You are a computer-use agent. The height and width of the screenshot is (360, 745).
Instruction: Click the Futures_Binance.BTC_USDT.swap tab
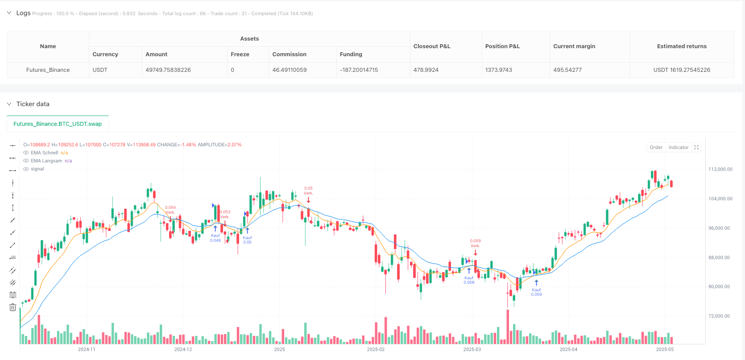pos(58,124)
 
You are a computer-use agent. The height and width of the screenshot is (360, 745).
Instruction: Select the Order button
pos(656,147)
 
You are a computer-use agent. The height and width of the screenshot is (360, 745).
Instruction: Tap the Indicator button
pos(678,147)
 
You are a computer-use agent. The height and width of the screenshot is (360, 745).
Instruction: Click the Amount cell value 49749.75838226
pos(168,70)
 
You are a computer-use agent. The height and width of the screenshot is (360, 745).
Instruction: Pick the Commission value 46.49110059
pos(289,70)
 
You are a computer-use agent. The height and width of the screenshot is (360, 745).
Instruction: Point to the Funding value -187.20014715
pos(359,70)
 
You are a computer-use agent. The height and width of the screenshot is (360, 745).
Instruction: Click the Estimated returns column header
pos(682,46)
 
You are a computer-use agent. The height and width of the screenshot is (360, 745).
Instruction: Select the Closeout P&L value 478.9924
pos(426,70)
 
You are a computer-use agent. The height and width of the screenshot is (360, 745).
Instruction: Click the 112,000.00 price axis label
pos(720,169)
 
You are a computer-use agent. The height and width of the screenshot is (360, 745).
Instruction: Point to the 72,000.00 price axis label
pos(719,316)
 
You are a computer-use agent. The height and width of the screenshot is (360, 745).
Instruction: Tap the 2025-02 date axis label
pos(376,349)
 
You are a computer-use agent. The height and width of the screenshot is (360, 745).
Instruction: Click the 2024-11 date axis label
pos(87,349)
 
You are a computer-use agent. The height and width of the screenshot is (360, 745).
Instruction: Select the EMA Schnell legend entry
pos(45,153)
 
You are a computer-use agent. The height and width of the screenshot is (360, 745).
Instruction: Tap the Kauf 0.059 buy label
pos(536,292)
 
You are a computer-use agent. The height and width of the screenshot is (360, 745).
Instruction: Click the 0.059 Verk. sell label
pos(475,243)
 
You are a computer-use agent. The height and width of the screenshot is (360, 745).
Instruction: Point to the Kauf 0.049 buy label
pos(215,238)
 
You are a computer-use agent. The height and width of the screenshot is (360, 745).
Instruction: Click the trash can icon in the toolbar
pos(12,307)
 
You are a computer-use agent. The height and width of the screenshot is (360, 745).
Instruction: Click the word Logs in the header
pos(23,13)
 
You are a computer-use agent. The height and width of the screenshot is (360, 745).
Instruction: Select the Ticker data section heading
pos(33,104)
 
